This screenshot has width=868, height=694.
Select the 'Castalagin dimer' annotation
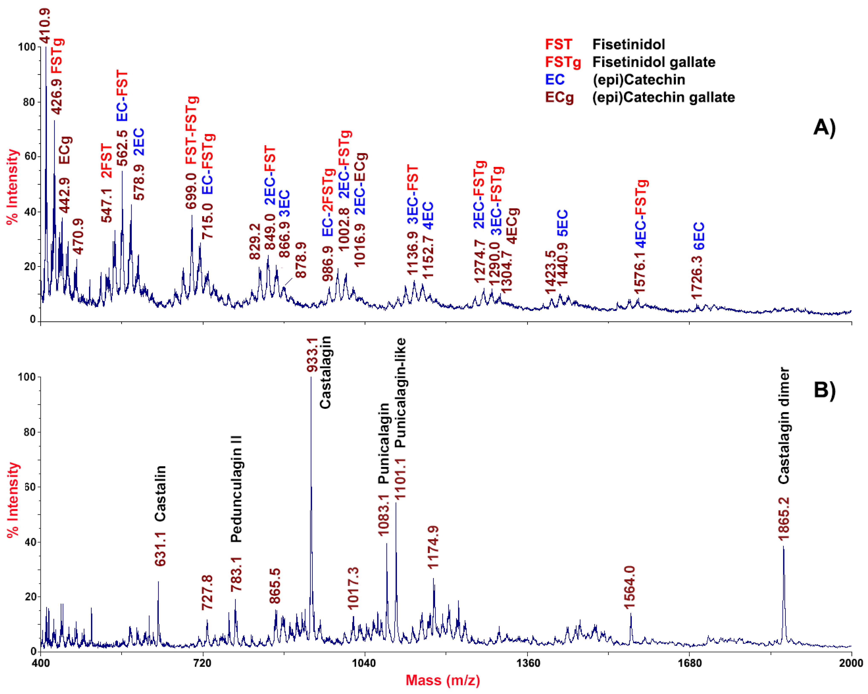point(783,426)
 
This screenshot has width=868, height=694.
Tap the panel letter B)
point(824,389)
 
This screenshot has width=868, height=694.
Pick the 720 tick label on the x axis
point(202,663)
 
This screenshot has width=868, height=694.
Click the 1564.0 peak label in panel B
point(629,587)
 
